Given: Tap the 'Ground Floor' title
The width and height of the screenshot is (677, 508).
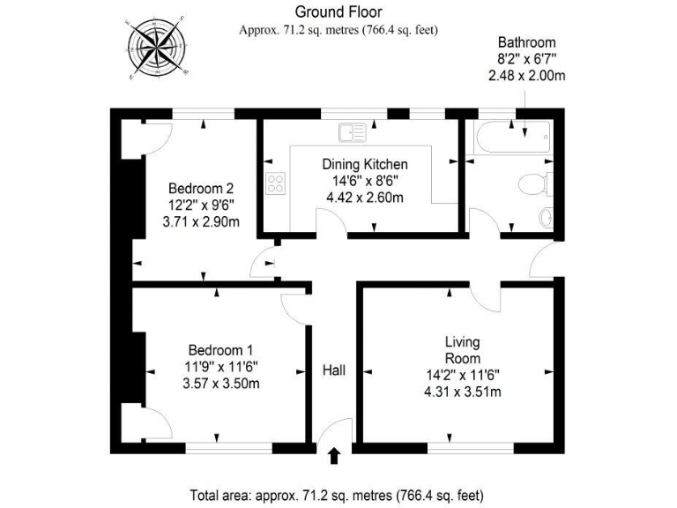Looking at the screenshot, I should [x=338, y=11].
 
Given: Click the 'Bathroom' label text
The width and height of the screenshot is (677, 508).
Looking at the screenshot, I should [x=526, y=41].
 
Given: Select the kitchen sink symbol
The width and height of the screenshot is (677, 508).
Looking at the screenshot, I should [x=352, y=132].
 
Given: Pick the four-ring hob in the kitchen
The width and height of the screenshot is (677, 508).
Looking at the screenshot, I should [x=277, y=184].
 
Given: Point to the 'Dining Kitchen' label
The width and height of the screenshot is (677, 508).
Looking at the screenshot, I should [x=364, y=164].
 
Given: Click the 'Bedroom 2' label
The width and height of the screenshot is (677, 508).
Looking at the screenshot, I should [x=201, y=188].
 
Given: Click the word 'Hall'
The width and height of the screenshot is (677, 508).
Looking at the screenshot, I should [x=333, y=370].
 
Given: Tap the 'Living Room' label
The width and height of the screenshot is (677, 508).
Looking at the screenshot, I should [x=462, y=350].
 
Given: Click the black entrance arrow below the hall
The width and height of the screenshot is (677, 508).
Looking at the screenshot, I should [x=334, y=455].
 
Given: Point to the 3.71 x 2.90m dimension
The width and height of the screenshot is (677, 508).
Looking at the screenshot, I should [x=201, y=222].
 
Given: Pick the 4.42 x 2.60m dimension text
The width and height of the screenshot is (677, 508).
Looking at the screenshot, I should [x=364, y=198].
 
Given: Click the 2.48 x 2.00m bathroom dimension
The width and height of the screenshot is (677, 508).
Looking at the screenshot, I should [x=526, y=76].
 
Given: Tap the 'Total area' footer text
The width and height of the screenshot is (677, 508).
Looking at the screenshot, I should [x=337, y=494].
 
